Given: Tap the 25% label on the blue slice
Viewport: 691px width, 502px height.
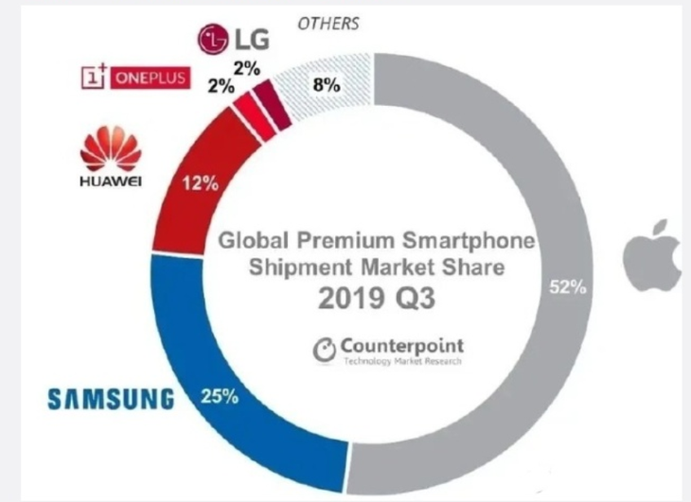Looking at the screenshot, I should click(219, 395).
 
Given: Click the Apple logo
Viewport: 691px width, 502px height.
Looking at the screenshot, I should click(653, 252).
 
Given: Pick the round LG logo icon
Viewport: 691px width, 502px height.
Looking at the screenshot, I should click(213, 39).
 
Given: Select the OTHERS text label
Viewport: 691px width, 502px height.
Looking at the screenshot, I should click(328, 23).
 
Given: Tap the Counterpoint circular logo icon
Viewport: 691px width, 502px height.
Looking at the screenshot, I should click(324, 350).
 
